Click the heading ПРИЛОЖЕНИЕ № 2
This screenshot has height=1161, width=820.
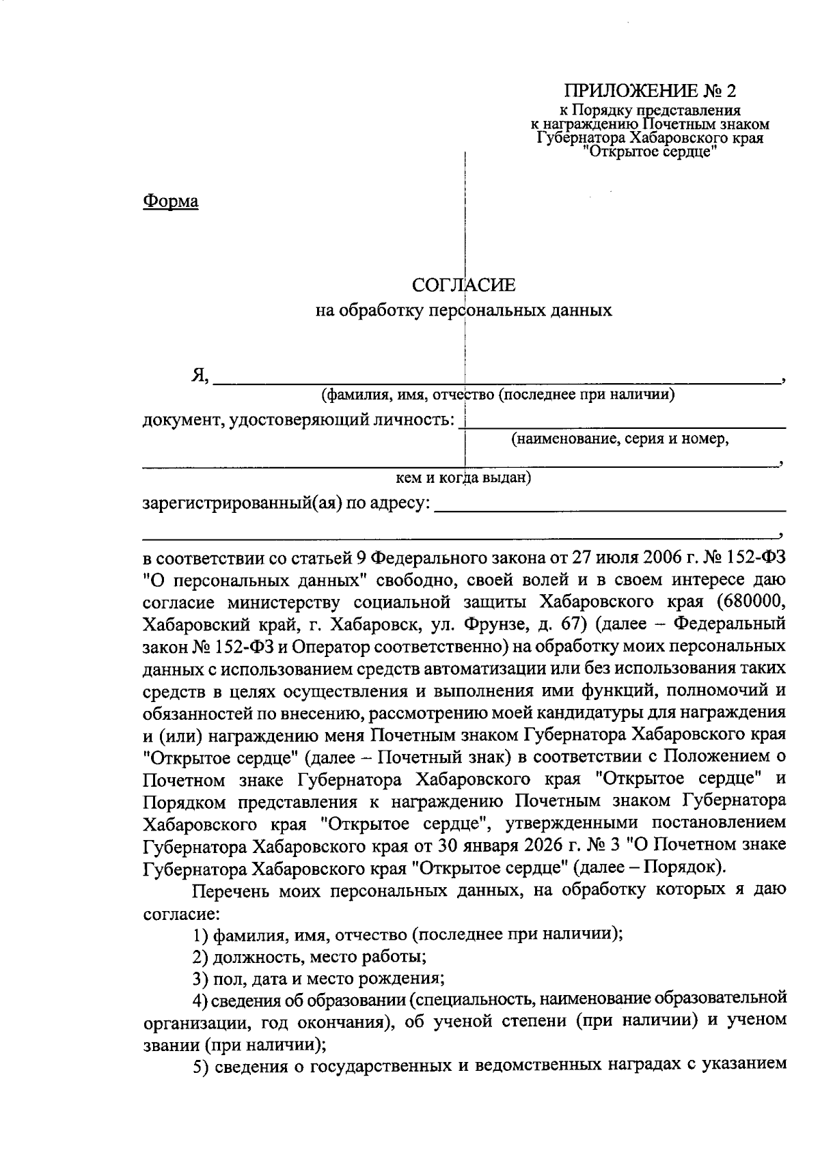pyautogui.click(x=651, y=91)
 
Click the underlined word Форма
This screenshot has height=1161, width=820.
pyautogui.click(x=171, y=201)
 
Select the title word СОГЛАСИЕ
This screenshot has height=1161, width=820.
pyautogui.click(x=464, y=285)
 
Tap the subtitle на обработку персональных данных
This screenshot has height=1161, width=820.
pyautogui.click(x=463, y=311)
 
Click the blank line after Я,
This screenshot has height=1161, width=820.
pyautogui.click(x=499, y=379)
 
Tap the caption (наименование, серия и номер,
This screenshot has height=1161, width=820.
pyautogui.click(x=620, y=439)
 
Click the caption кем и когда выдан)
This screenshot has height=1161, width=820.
pyautogui.click(x=463, y=477)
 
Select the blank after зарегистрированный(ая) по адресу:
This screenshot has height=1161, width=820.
pyautogui.click(x=610, y=506)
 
